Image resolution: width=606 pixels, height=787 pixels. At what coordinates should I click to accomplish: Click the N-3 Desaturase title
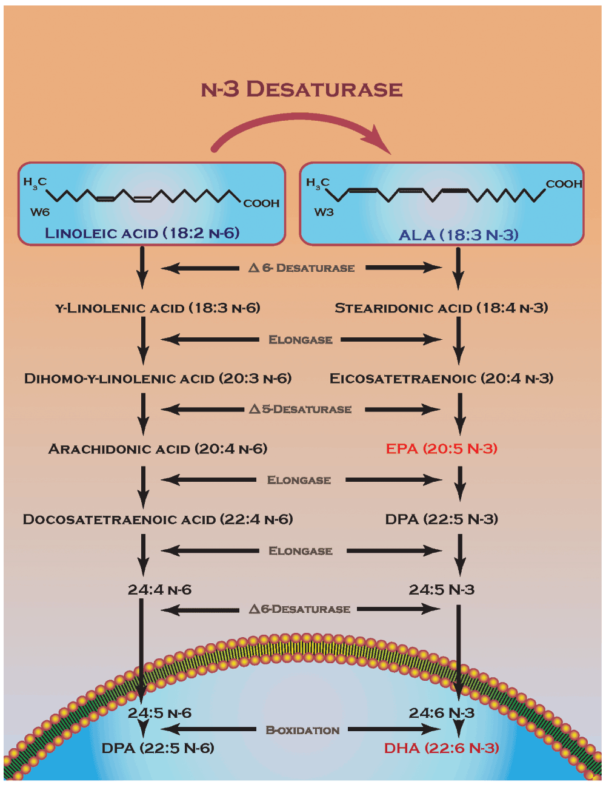point(302,89)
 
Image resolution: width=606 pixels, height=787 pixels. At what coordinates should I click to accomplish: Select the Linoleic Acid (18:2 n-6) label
point(142,233)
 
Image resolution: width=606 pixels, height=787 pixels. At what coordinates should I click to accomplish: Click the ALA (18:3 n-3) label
point(458,235)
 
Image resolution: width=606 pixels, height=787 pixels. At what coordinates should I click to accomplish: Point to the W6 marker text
point(39,212)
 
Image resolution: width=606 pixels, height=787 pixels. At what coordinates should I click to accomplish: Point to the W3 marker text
point(324,212)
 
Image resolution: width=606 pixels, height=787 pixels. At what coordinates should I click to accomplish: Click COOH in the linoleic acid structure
point(261,203)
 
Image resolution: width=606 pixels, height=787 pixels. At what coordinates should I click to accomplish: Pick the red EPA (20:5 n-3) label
point(441,449)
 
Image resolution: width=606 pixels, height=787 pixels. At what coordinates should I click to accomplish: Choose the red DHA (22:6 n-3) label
point(441,748)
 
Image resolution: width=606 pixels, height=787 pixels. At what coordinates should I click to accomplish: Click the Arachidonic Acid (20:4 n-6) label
point(158,449)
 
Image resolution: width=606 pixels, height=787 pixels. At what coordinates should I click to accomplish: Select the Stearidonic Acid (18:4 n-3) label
point(441,308)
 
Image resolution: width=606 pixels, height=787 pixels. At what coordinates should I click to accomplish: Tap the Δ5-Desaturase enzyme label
point(301,410)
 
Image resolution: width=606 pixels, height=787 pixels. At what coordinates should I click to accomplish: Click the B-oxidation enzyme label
point(302,730)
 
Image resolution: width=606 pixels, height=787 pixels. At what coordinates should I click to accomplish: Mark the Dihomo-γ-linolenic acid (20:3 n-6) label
point(158,379)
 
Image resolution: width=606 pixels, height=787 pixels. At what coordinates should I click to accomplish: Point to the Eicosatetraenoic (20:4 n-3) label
point(441,379)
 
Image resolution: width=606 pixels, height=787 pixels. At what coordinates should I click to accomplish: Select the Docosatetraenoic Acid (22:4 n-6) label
point(158,519)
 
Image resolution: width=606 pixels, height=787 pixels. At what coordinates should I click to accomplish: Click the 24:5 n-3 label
point(441,590)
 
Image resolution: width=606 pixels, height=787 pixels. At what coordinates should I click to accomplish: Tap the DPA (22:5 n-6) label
point(158,748)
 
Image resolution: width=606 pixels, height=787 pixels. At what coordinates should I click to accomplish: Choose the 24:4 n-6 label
point(159,590)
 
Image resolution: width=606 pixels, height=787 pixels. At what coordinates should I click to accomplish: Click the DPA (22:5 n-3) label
point(441,519)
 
